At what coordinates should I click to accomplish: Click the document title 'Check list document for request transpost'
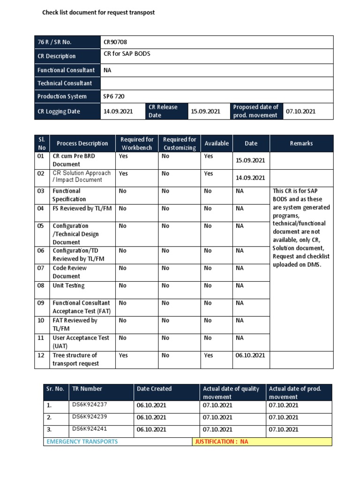coord(98,13)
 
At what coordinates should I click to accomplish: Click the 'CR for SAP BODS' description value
coord(127,54)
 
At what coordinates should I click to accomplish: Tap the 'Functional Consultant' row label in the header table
coord(66,70)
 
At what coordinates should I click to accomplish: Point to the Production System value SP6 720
coord(114,97)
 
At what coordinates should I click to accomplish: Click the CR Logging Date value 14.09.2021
coord(118,112)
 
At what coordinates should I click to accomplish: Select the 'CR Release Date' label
coord(163,111)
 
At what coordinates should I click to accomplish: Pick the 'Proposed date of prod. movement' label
coord(255,111)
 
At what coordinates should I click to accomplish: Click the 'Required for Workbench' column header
coord(137,143)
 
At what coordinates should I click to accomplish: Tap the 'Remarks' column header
coord(301,143)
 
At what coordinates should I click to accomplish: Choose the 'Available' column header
coord(217,143)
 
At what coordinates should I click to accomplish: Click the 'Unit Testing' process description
coord(68,285)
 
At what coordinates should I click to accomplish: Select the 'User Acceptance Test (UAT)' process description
coord(81,342)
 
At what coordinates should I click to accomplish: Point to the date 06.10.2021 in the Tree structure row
coord(250,355)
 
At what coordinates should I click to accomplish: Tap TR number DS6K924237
coord(90,405)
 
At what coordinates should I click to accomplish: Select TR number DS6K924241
coord(90,429)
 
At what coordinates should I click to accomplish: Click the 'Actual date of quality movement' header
coord(231,392)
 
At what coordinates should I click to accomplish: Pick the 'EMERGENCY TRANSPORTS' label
coord(82,442)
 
